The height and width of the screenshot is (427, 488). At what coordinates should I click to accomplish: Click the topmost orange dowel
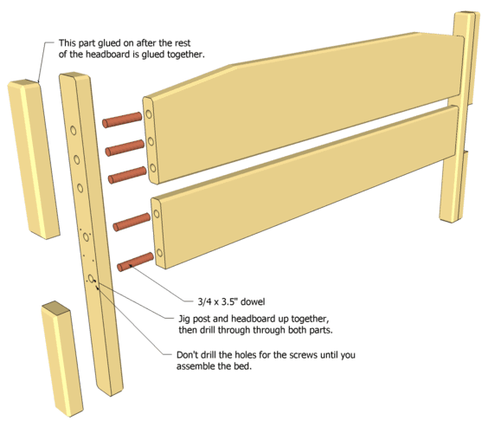point(122,120)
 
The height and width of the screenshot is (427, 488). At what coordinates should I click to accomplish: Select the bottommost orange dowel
point(135,262)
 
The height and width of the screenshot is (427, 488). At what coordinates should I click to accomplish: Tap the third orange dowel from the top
point(127,175)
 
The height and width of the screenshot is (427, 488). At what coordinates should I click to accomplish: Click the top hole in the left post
point(74,130)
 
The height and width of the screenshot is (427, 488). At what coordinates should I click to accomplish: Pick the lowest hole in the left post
point(91,278)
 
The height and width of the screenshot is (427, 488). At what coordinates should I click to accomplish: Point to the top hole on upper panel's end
point(149,114)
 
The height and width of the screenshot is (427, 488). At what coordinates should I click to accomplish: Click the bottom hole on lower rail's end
point(160,253)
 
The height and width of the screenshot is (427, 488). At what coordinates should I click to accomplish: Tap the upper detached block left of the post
point(33,159)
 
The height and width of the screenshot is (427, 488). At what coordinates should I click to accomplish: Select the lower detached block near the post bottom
point(62,359)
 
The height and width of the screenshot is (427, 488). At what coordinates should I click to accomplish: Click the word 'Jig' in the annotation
point(184,320)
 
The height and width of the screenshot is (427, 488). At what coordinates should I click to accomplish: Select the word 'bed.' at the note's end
point(243,366)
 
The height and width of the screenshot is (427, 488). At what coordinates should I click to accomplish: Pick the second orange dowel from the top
point(125,148)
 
